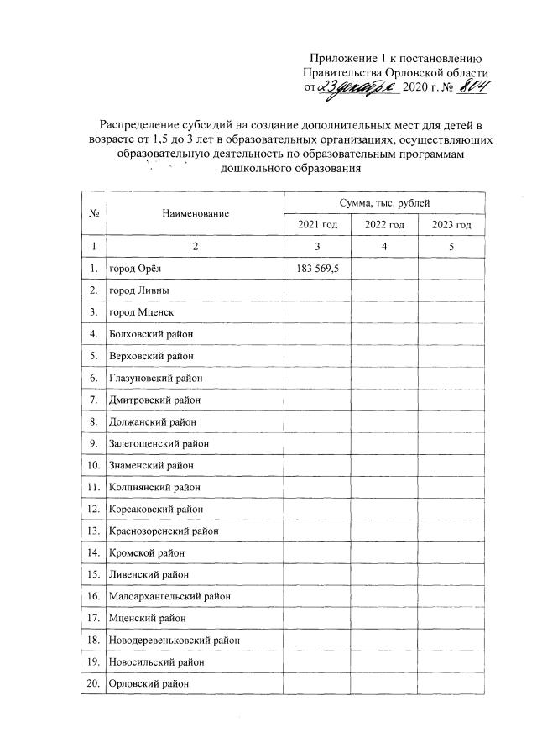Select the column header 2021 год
pyautogui.click(x=317, y=224)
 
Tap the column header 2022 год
pyautogui.click(x=384, y=224)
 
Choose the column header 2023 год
pyautogui.click(x=451, y=224)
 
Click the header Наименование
pyautogui.click(x=196, y=214)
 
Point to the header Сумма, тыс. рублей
pyautogui.click(x=385, y=202)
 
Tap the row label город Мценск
pyautogui.click(x=141, y=312)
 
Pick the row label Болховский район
pyautogui.click(x=151, y=334)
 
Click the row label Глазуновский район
pyautogui.click(x=156, y=378)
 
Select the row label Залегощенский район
pyautogui.click(x=159, y=443)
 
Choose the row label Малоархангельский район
pyautogui.click(x=169, y=596)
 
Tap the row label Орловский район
pyautogui.click(x=149, y=683)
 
